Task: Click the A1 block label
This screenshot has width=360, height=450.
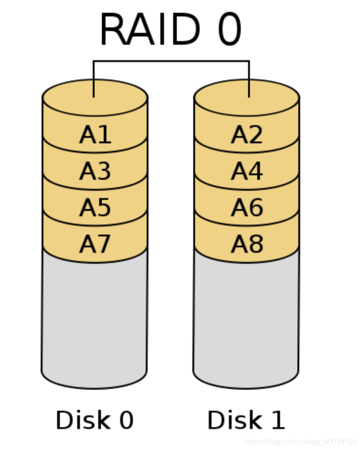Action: (x=95, y=135)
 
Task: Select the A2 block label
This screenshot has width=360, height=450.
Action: (x=247, y=135)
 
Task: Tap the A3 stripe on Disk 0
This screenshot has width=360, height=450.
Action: (x=95, y=171)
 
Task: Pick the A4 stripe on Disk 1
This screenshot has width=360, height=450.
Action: (x=247, y=171)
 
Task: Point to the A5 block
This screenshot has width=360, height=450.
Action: (x=95, y=207)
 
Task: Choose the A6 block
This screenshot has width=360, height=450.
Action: (x=247, y=207)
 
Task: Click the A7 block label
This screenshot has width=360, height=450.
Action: (x=95, y=244)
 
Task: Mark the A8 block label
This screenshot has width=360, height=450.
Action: (x=247, y=244)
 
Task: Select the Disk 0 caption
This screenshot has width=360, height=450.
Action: (x=95, y=420)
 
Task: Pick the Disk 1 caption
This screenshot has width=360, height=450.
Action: (x=246, y=420)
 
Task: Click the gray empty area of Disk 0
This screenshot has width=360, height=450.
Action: (x=95, y=319)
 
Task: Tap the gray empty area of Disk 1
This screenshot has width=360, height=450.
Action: (x=246, y=319)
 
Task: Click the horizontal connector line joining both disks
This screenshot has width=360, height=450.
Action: (x=171, y=61)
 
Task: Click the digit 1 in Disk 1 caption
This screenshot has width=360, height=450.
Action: (x=277, y=420)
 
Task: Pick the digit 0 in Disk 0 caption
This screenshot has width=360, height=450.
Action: (x=125, y=420)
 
